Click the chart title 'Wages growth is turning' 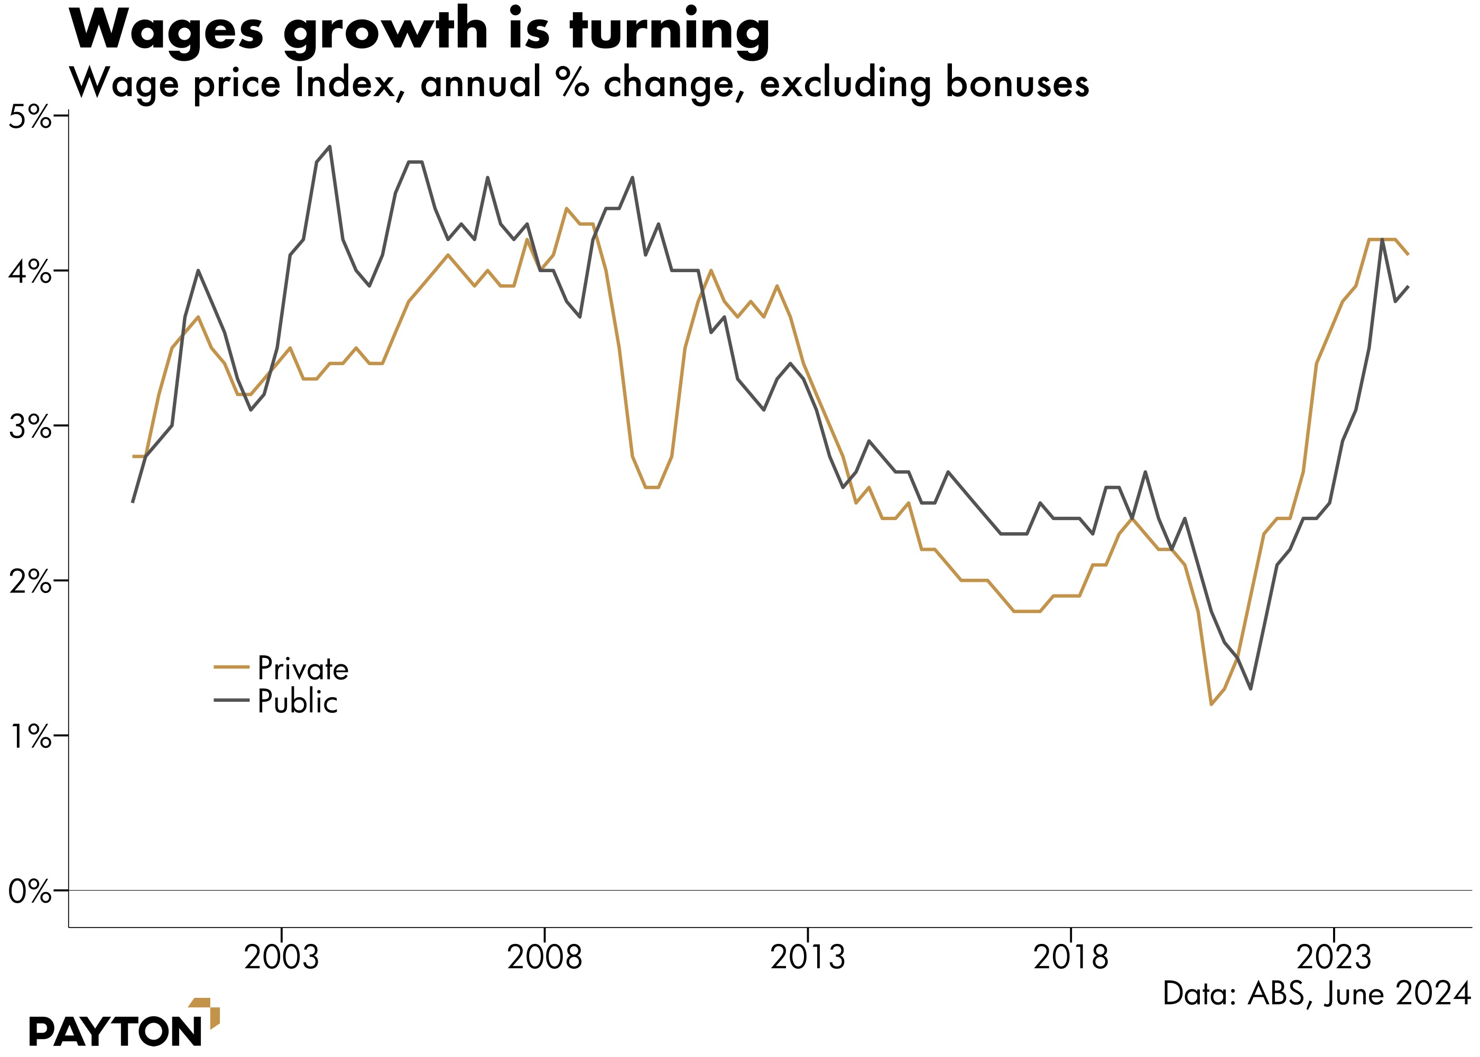419,31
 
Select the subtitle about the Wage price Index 579,84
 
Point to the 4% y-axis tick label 29,272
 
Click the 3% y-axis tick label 29,427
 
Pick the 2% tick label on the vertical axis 29,582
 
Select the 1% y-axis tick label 29,737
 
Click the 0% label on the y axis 29,892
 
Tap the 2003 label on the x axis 281,958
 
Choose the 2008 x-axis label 545,958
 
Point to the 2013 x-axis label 808,958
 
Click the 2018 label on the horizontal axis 1071,958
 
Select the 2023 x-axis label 1334,958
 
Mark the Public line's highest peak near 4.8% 330,146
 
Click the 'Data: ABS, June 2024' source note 1317,994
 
